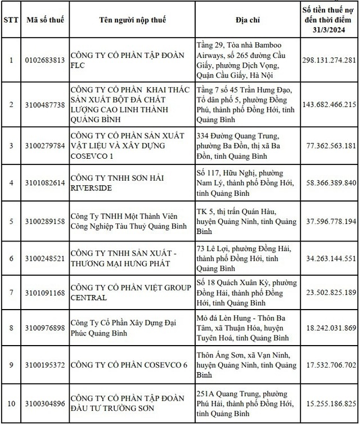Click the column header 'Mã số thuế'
pyautogui.click(x=46, y=19)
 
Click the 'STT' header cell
pyautogui.click(x=11, y=19)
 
